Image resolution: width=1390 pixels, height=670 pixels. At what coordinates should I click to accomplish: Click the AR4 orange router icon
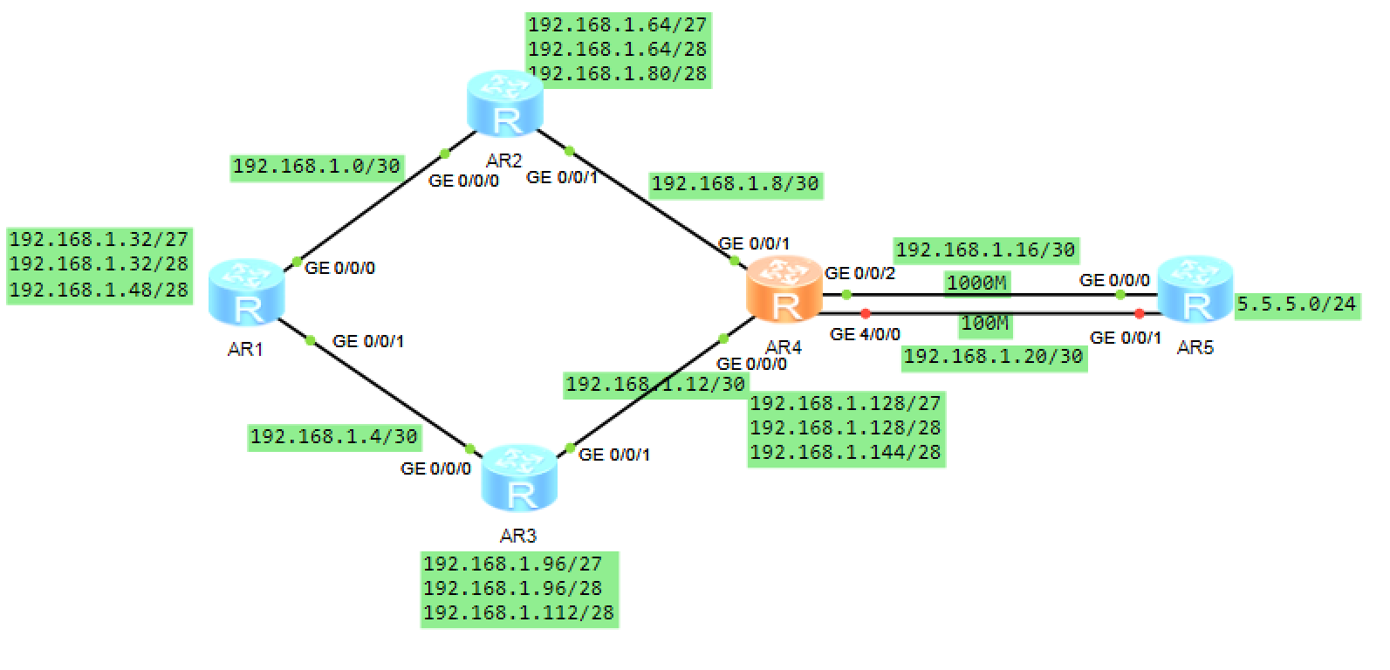point(784,290)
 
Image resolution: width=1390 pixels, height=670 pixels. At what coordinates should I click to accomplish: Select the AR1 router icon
point(247,291)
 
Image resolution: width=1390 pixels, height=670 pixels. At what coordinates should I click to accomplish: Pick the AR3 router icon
point(520,477)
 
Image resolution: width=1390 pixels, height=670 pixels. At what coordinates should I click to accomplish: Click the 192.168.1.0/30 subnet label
point(317,166)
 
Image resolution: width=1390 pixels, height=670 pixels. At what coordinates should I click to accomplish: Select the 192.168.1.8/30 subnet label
point(736,184)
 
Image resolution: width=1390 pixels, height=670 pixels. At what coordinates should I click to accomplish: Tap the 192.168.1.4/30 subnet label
point(334,436)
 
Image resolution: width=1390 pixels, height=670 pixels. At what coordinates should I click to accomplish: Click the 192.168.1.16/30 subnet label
point(986,250)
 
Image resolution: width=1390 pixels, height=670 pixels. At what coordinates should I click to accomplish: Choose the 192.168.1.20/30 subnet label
point(994,356)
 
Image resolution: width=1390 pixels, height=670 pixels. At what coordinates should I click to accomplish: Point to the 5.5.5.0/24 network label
point(1297,304)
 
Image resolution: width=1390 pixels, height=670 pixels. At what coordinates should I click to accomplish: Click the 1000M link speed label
point(977,283)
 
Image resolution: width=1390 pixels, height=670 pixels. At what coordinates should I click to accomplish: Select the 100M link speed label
point(985,324)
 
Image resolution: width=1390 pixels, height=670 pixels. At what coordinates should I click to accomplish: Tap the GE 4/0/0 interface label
point(865,334)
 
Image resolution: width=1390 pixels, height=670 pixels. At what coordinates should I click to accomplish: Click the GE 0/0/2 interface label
point(860,273)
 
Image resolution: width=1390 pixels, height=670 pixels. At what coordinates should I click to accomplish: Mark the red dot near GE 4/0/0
point(865,313)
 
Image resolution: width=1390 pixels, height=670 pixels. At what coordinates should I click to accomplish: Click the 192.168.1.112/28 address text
point(519,613)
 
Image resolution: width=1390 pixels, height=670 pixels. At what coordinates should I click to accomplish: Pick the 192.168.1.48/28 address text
point(99,290)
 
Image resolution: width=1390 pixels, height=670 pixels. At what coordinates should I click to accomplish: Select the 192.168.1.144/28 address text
point(846,452)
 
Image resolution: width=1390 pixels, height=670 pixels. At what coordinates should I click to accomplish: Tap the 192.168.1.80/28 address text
point(618,74)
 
